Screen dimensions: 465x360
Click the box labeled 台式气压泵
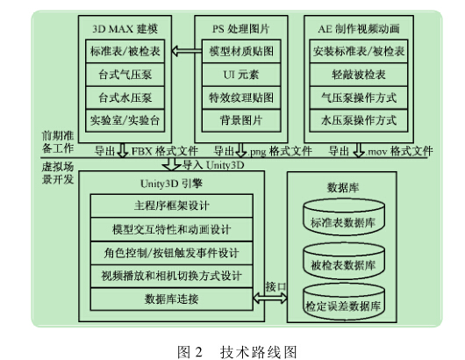(125, 75)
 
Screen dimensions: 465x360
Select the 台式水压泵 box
(125, 97)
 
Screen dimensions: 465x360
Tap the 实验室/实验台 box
(125, 120)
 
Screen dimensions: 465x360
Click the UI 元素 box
(241, 75)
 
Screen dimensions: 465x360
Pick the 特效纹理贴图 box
(241, 97)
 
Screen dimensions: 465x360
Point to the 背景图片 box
(241, 120)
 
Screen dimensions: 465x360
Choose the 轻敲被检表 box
(359, 75)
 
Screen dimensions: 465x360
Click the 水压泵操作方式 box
(359, 120)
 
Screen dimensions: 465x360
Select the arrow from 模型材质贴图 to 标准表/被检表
(187, 51)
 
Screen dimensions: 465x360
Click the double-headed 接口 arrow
(270, 298)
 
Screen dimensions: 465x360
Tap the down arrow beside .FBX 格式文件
(123, 150)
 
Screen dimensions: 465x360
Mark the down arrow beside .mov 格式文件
(359, 150)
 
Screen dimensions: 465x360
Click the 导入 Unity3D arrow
(171, 164)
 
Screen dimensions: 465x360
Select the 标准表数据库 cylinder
(344, 217)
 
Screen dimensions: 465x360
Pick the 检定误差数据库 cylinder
(344, 302)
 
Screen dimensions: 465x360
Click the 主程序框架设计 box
(172, 205)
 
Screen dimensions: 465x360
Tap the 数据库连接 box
(172, 299)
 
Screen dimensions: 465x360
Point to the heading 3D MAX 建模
(125, 29)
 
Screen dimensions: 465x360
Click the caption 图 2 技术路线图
(237, 352)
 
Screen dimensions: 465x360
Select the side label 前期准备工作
(58, 142)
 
